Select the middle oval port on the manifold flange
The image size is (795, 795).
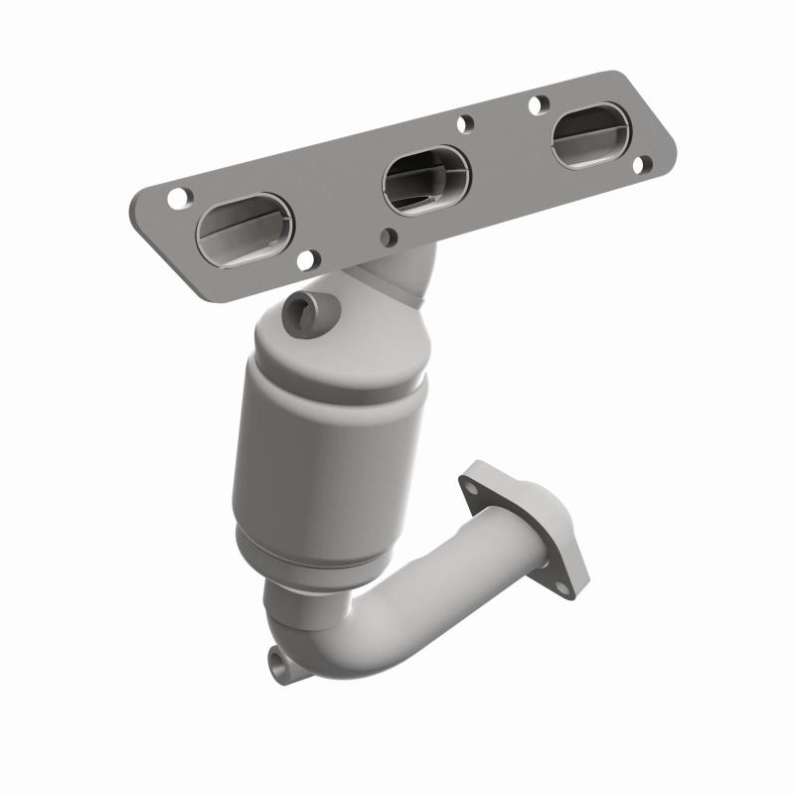pos(425,180)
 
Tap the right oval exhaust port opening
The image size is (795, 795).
pos(590,137)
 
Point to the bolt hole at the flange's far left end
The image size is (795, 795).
pos(177,198)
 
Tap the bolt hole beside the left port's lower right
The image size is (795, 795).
pos(308,261)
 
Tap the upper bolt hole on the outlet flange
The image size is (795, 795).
pos(468,486)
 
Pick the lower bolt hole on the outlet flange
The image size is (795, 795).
pos(562,586)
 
